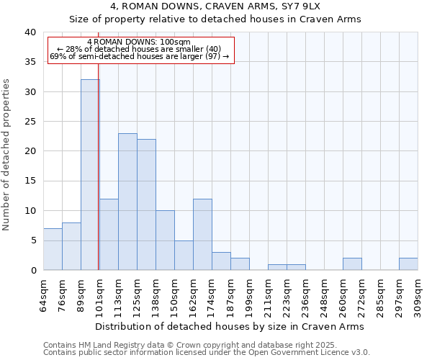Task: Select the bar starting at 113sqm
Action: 127,202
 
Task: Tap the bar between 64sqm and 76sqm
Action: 53,249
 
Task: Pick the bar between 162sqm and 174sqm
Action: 202,234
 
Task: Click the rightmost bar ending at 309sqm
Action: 408,264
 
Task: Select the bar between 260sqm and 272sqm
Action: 352,264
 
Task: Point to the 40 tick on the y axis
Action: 30,32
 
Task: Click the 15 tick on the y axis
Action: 30,181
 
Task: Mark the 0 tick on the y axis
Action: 33,270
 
